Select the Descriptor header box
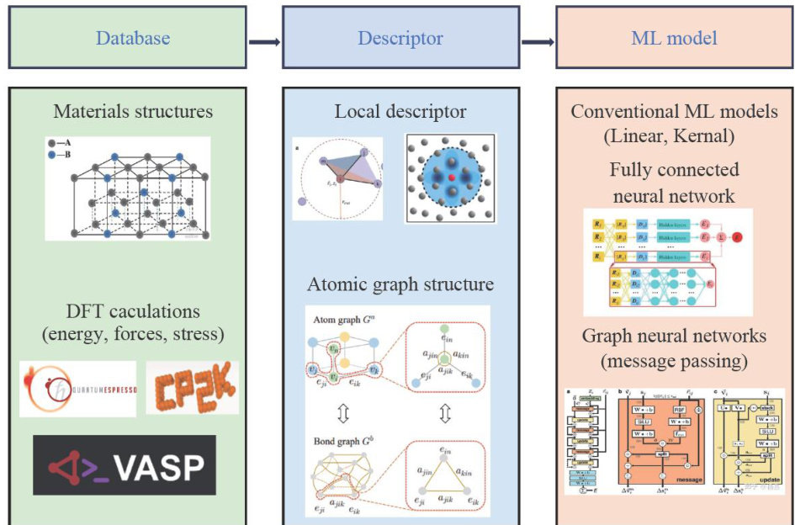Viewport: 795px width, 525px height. (x=400, y=38)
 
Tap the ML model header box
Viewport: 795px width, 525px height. (x=674, y=38)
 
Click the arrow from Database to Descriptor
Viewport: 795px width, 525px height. (x=264, y=40)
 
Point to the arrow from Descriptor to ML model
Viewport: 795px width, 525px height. (x=538, y=40)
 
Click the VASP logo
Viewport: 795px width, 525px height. (x=125, y=464)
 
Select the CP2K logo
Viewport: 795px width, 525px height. (x=192, y=387)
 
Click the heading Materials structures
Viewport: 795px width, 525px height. (x=133, y=111)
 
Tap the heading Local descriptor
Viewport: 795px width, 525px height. (x=400, y=111)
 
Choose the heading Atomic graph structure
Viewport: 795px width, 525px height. (x=400, y=284)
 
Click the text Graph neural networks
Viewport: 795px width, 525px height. (x=674, y=336)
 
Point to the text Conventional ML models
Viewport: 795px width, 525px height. (x=674, y=111)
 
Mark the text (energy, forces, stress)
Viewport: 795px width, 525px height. (x=133, y=335)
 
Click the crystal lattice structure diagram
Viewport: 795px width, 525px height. (x=128, y=188)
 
